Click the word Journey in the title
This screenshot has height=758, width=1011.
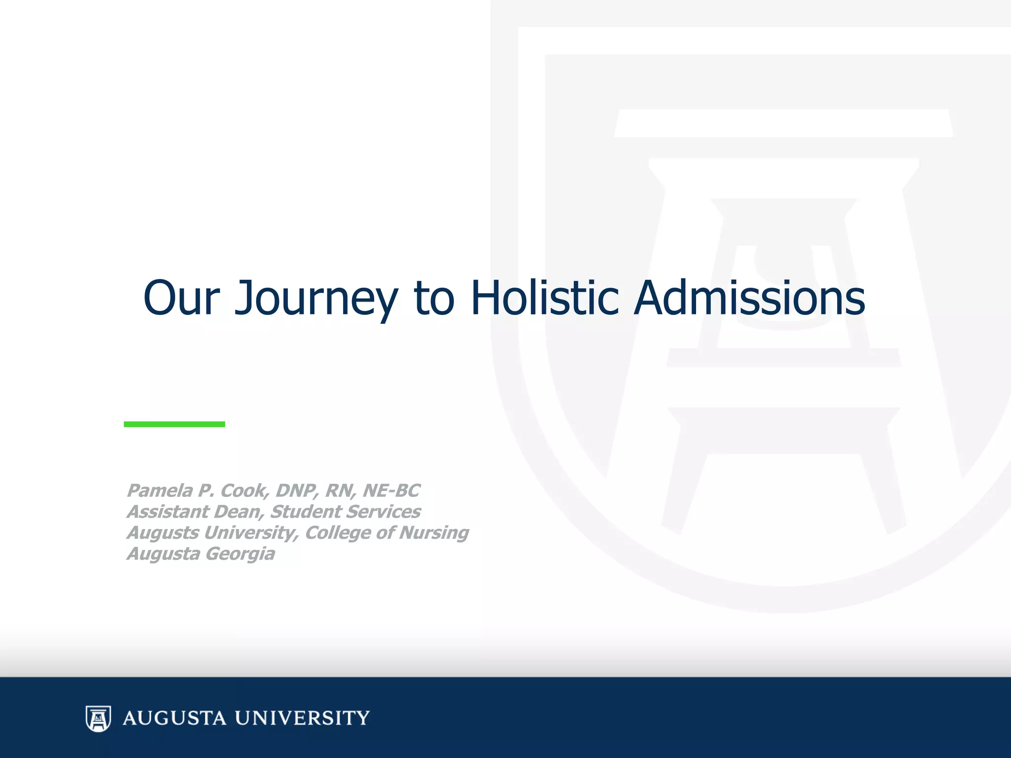click(x=316, y=298)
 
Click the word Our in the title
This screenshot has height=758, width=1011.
click(x=181, y=298)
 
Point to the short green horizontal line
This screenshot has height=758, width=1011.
click(x=174, y=424)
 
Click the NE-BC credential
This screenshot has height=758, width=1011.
click(x=391, y=491)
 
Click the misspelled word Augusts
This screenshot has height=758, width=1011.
click(x=162, y=533)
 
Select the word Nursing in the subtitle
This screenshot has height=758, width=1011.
click(x=434, y=533)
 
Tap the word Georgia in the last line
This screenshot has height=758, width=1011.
click(x=240, y=554)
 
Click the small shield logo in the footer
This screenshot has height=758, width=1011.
click(x=98, y=718)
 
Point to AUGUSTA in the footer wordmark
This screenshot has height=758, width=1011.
click(x=175, y=718)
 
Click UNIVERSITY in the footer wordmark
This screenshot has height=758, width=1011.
click(x=302, y=718)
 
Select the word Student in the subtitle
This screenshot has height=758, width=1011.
click(x=306, y=512)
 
